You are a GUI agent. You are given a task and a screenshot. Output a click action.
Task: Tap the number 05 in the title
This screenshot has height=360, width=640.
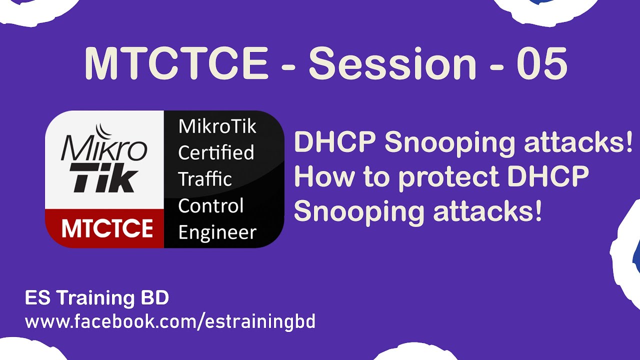(542, 64)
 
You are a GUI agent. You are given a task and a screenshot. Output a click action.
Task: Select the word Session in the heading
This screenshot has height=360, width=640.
(392, 64)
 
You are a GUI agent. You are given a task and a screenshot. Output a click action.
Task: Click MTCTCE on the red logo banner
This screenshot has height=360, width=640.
(107, 228)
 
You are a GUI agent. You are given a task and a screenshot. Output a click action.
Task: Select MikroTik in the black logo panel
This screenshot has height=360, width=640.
(217, 126)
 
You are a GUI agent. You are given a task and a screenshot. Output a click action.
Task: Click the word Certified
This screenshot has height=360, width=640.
(216, 152)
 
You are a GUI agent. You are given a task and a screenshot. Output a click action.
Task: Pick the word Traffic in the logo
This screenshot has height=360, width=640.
(205, 179)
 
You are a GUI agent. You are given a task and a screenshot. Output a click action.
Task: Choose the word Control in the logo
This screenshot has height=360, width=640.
(210, 205)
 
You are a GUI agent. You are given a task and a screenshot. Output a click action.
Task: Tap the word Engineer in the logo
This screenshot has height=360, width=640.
(217, 232)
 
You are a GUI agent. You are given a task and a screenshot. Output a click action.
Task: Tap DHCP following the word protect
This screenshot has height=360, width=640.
(550, 177)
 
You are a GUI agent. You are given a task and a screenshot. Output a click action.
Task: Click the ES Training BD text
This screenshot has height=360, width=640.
(97, 298)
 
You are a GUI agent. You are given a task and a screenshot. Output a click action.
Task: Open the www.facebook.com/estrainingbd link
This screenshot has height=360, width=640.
(170, 321)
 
